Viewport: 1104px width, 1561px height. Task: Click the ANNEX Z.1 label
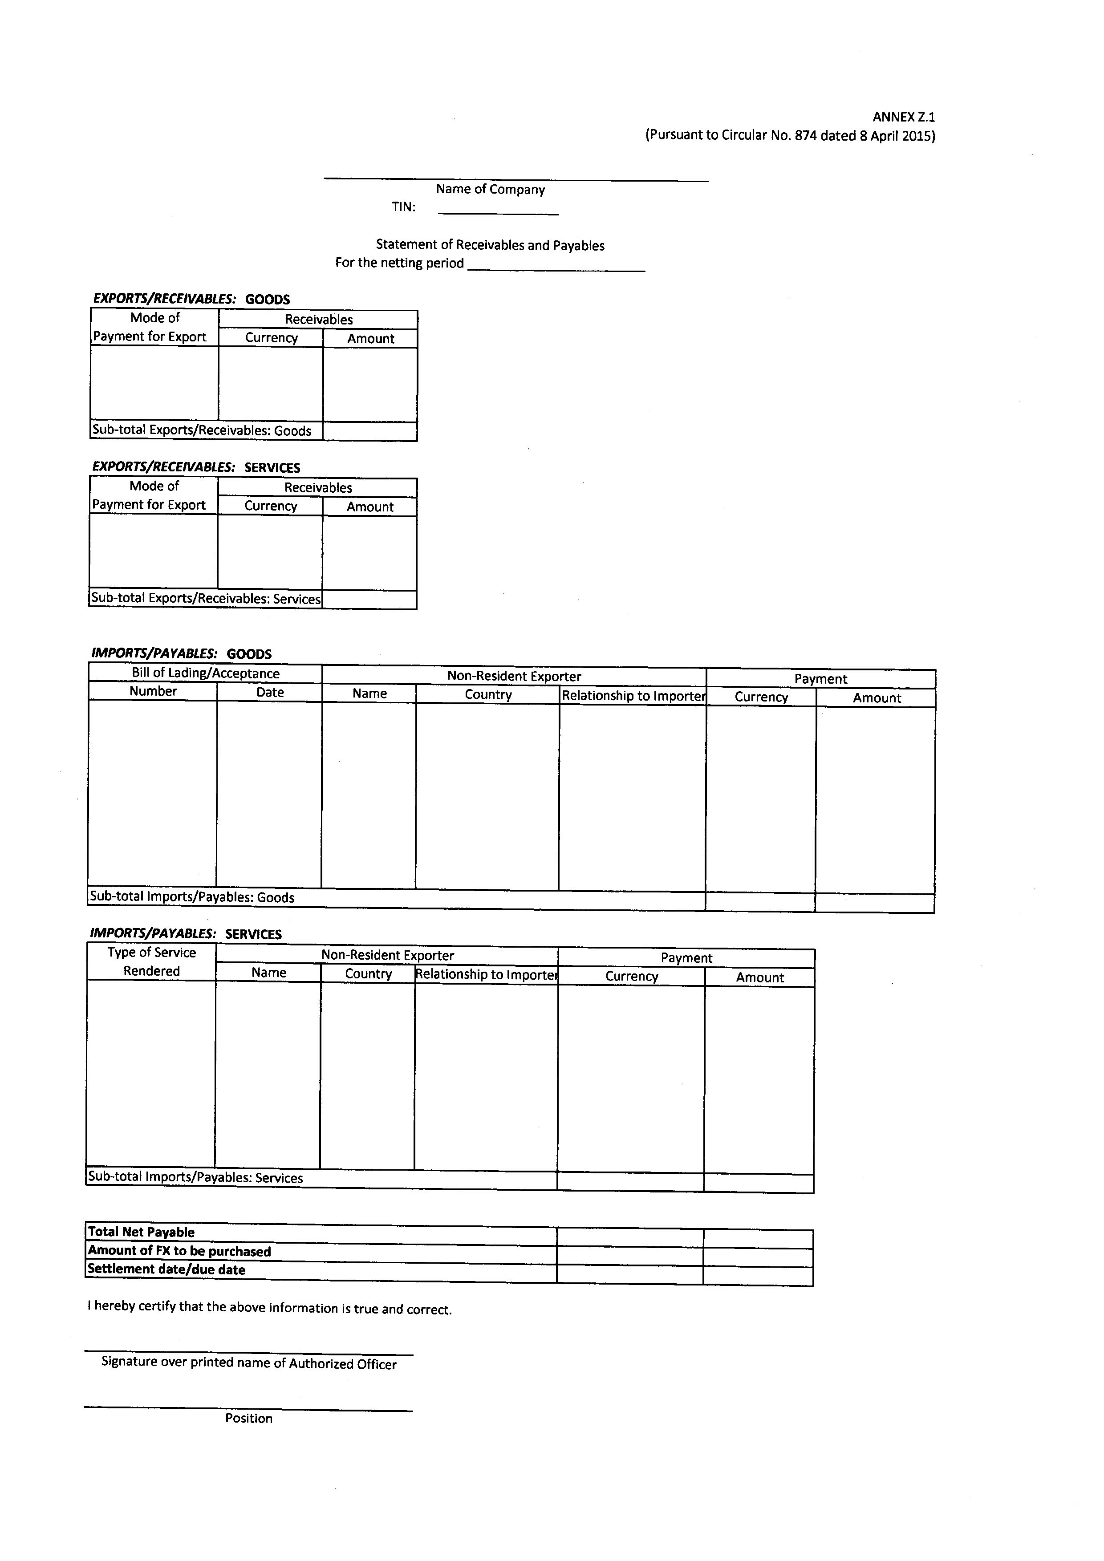pyautogui.click(x=904, y=117)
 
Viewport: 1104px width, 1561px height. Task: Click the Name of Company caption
pyautogui.click(x=490, y=190)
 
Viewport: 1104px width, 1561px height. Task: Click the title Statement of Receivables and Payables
pyautogui.click(x=490, y=245)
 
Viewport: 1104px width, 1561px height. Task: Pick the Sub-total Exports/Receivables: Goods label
pyautogui.click(x=202, y=431)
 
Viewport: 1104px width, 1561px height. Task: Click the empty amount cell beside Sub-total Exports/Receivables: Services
pyautogui.click(x=369, y=600)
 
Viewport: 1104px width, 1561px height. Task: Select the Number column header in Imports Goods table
pyautogui.click(x=153, y=691)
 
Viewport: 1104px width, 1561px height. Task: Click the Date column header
pyautogui.click(x=269, y=692)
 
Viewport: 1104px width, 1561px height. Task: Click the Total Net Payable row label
pyautogui.click(x=142, y=1232)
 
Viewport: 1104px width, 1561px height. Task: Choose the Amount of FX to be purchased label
pyautogui.click(x=179, y=1251)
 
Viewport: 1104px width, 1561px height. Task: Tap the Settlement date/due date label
pyautogui.click(x=166, y=1269)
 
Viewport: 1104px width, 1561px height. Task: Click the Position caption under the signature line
pyautogui.click(x=249, y=1418)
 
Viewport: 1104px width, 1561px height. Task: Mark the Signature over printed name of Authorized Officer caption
pyautogui.click(x=249, y=1363)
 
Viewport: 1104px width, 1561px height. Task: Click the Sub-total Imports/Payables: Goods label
pyautogui.click(x=192, y=897)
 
